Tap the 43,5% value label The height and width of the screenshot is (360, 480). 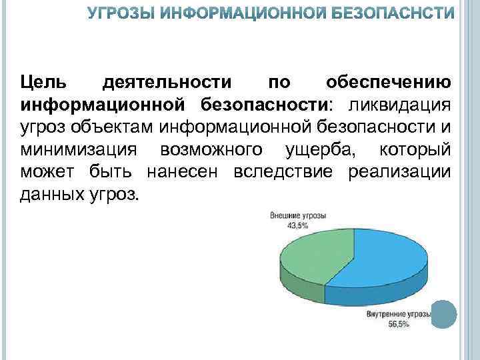coord(297,226)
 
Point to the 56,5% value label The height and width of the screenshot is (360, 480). coord(399,324)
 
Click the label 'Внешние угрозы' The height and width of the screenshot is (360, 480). coord(297,217)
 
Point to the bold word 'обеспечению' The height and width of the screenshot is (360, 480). coord(389,82)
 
